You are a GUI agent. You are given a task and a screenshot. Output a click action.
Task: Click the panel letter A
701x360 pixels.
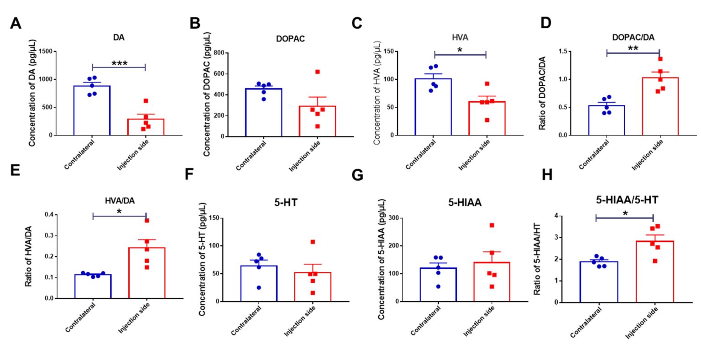(16, 23)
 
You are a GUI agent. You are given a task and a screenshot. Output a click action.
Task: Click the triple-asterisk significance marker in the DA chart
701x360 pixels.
(120, 63)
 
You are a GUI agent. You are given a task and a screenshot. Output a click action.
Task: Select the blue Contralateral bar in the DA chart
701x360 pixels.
(92, 110)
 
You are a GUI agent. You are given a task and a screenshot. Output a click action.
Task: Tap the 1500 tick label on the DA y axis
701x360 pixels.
(45, 51)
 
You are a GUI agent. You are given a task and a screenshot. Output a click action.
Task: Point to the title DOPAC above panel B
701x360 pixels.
(290, 39)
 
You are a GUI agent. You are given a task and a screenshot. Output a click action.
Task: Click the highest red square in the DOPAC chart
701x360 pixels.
(317, 72)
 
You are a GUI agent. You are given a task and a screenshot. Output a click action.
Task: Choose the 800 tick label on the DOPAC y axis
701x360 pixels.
(219, 52)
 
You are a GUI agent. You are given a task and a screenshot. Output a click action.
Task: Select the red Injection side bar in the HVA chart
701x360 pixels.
(487, 118)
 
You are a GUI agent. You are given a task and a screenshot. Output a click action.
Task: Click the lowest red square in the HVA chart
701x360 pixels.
(487, 120)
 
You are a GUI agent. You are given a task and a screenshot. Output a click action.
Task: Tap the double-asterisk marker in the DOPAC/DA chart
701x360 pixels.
(633, 48)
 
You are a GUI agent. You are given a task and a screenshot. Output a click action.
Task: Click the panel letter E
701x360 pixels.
(15, 171)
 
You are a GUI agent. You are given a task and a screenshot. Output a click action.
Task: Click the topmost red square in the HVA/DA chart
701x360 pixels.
(147, 220)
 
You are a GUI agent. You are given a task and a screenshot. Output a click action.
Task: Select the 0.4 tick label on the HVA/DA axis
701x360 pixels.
(49, 214)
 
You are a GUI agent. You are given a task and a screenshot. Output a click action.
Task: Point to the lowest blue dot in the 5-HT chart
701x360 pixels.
(259, 288)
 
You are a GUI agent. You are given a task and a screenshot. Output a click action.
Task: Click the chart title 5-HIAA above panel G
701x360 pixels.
(465, 203)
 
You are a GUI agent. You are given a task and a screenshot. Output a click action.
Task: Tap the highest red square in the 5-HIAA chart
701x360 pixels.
(492, 225)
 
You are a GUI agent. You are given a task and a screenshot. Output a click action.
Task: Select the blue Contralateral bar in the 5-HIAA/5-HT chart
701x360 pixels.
(599, 282)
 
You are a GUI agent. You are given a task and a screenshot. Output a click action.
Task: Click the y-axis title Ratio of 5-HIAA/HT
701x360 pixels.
(537, 259)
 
